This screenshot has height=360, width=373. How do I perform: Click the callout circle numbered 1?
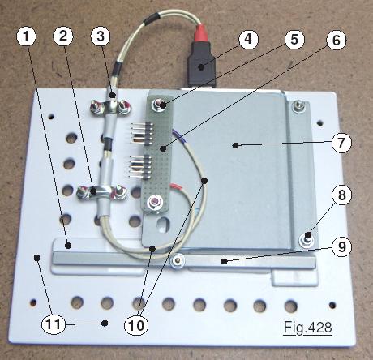pos(26,36)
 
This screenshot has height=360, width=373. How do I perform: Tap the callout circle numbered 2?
pos(63,36)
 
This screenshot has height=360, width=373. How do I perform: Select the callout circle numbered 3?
pos(101,36)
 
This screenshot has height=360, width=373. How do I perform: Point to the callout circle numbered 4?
pos(248,39)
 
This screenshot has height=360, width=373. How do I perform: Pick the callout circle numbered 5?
pos(294,40)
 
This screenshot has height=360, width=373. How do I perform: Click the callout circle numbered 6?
pos(337,40)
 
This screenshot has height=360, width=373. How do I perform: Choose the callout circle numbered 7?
pos(341,143)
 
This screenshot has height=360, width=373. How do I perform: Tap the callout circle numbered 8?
pos(342,195)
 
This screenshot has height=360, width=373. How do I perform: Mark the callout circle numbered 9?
pos(342,246)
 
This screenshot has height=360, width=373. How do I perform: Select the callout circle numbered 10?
pos(136,326)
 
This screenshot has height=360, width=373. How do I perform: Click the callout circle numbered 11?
pos(54,324)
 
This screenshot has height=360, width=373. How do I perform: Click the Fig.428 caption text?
pos(307,328)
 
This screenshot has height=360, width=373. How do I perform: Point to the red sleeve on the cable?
pos(202,34)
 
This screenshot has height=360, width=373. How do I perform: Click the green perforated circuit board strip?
pos(159,153)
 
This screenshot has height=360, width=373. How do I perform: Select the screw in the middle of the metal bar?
pos(177,261)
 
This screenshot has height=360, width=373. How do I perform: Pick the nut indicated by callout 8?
pos(307,239)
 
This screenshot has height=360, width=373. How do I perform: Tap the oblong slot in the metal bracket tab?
pos(163,225)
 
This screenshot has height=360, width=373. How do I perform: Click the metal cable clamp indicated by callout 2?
pos(102,192)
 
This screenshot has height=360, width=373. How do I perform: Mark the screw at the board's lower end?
pos(154,202)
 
